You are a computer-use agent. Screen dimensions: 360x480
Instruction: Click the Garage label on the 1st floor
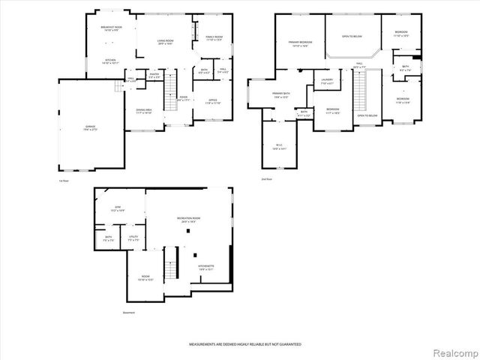click(91, 128)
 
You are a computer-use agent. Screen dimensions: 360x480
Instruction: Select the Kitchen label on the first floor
click(110, 61)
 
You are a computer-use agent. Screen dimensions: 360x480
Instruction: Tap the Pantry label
click(154, 76)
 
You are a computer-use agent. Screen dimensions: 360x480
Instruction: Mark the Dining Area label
click(144, 111)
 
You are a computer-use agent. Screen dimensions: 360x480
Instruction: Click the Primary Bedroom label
click(300, 44)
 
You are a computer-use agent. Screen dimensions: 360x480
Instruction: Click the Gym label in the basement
click(118, 208)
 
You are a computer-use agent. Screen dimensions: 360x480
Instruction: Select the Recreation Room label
click(188, 220)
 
